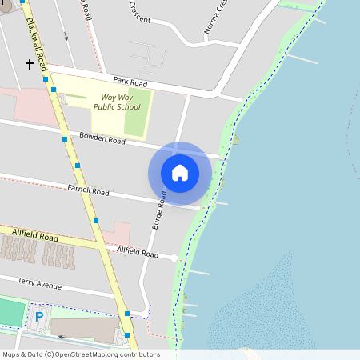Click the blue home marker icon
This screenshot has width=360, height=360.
tap(180, 173)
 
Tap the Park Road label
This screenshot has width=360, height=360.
tap(130, 82)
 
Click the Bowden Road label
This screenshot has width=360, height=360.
tap(102, 139)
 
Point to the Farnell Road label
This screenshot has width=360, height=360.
tap(88, 191)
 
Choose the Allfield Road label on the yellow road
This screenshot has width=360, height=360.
tap(36, 236)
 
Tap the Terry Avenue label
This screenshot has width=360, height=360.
tap(39, 284)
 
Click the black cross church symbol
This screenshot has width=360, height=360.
tap(30, 64)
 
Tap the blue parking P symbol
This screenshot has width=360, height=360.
tap(39, 318)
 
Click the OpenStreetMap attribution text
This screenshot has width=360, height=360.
tap(81, 354)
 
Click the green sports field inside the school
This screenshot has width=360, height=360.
tap(137, 115)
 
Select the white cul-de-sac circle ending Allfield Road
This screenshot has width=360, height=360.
tap(174, 257)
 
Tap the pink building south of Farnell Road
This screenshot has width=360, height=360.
tap(117, 234)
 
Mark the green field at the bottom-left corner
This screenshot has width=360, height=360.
tap(10, 312)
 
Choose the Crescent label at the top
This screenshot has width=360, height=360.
tap(139, 17)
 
